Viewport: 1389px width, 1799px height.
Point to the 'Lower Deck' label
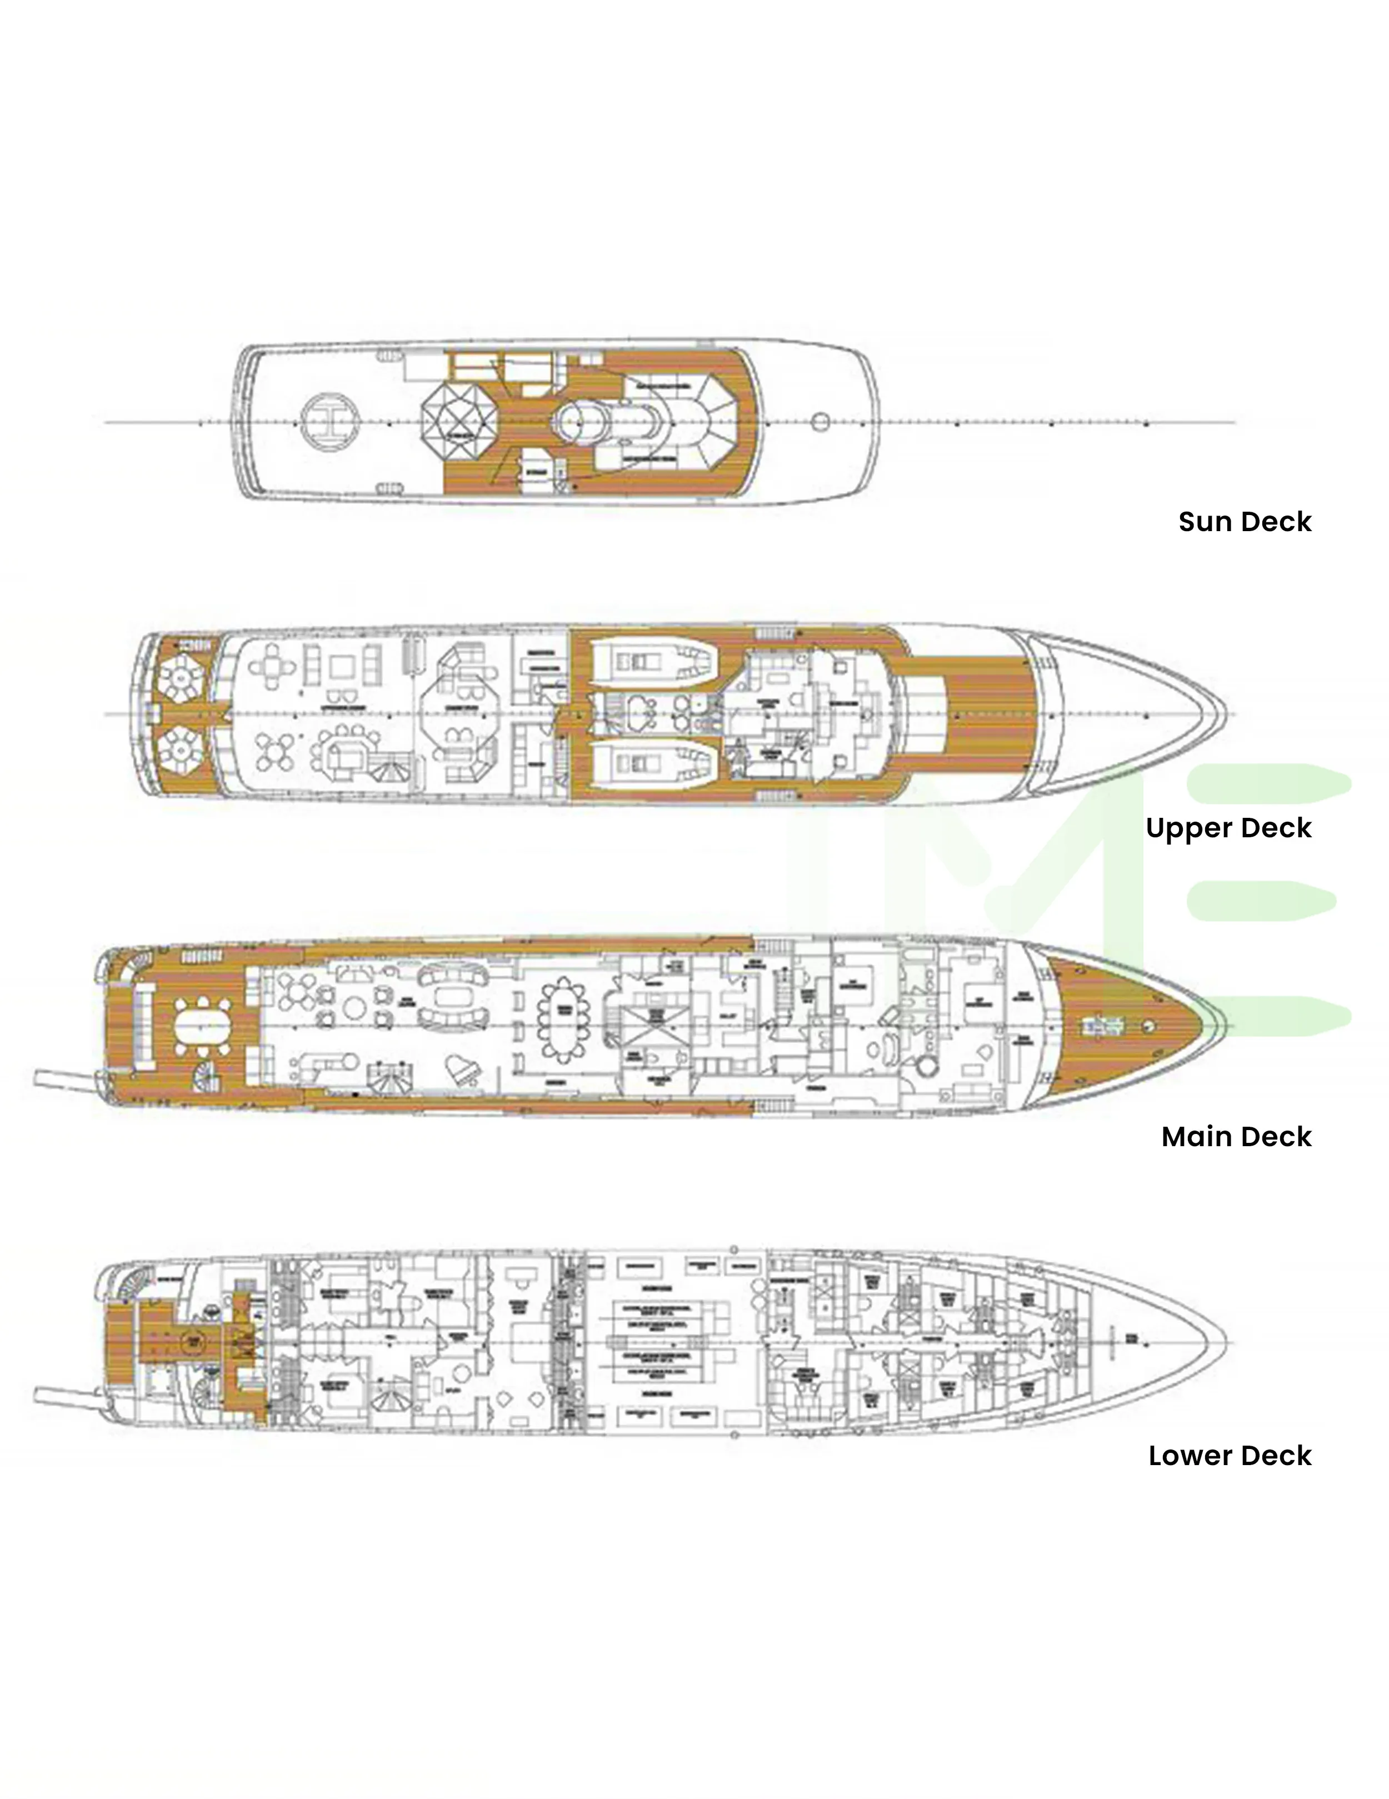point(1229,1456)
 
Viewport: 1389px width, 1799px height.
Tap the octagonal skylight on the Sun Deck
point(459,422)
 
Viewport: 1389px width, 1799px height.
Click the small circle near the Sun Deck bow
point(820,422)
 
